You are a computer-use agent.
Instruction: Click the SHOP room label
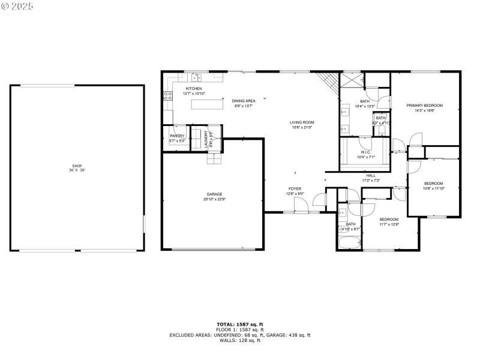pos(76,166)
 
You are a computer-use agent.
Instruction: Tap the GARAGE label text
pos(214,194)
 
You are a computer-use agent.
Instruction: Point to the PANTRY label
pos(177,136)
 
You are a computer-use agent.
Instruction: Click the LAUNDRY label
pos(206,139)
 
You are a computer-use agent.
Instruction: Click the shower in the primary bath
pos(353,80)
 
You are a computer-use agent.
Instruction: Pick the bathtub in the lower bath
pos(349,244)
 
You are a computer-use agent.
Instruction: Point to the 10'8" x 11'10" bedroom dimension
pos(433,188)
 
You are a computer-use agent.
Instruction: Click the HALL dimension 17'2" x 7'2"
pos(371,180)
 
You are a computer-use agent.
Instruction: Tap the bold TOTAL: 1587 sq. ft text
pos(239,325)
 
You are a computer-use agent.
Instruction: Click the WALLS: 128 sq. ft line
pos(239,341)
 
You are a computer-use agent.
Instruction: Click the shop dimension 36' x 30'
pos(76,170)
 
